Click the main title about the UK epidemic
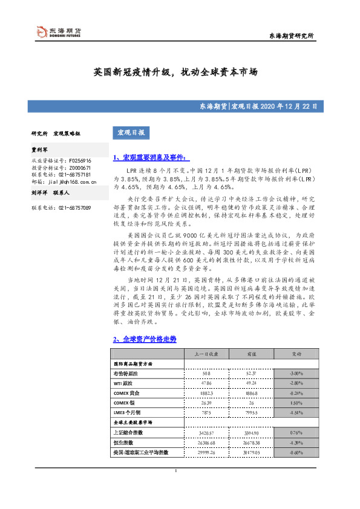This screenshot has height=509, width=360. coord(175,71)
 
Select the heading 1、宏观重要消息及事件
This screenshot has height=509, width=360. coord(134,158)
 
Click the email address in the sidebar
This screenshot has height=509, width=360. coord(71,181)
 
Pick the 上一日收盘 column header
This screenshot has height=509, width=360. coord(201,353)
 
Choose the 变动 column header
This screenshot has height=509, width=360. coord(296,353)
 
